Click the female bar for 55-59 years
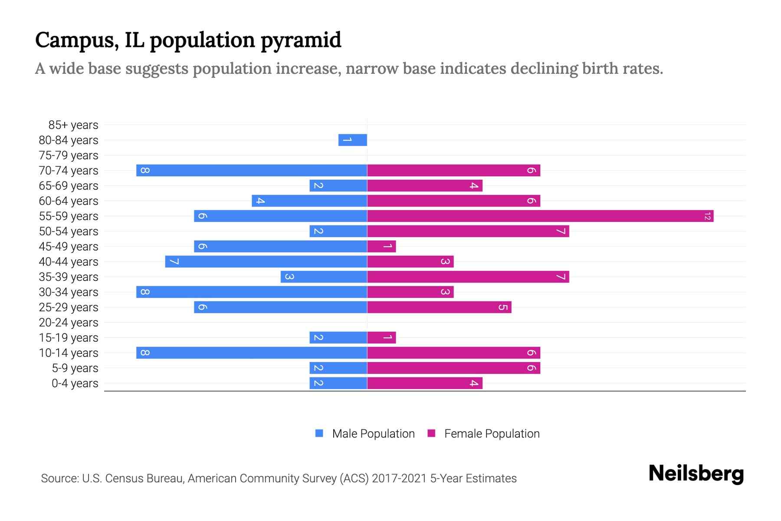tap(540, 216)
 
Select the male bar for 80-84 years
tap(353, 140)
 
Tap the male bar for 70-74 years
tap(252, 171)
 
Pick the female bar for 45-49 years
tap(381, 247)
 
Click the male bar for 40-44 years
tap(266, 262)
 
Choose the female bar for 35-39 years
tap(468, 277)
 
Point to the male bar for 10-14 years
tap(252, 353)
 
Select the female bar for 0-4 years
tap(425, 383)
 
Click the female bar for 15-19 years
tap(381, 338)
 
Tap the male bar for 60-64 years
tap(309, 201)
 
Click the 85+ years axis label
tap(73, 125)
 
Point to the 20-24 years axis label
tap(69, 323)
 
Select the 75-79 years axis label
tap(69, 155)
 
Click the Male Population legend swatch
tap(319, 433)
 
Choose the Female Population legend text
tap(492, 434)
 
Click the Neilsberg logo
tap(696, 474)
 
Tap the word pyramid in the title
tap(301, 40)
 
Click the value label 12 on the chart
tap(707, 216)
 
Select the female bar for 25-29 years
tap(439, 307)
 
